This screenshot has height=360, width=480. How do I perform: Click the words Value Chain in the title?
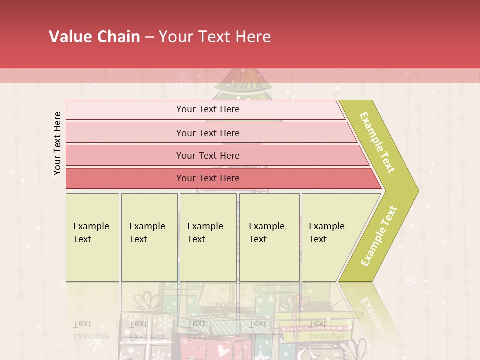click(x=94, y=37)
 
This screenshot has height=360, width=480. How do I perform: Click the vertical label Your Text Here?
click(x=57, y=143)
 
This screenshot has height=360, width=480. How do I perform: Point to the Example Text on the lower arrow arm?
click(x=379, y=236)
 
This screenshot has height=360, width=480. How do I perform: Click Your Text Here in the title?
click(x=215, y=37)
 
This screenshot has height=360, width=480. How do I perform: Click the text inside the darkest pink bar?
click(x=208, y=178)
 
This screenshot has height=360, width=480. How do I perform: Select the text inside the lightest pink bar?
click(x=208, y=109)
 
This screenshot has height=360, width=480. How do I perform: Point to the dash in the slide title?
click(x=149, y=37)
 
